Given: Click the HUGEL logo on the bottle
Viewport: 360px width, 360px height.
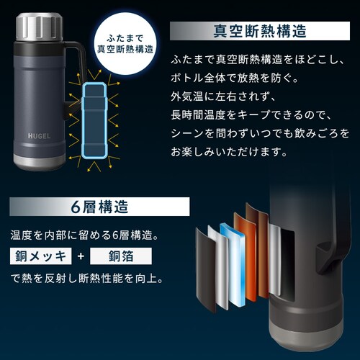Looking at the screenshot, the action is [x=39, y=136].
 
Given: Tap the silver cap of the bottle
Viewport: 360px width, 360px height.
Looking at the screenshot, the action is [x=40, y=27].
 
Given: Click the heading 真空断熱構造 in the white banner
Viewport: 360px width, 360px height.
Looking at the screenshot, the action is [x=260, y=31].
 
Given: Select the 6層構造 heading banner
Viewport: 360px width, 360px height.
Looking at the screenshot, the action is [x=99, y=207].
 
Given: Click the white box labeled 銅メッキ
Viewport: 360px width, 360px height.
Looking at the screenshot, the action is [x=41, y=256].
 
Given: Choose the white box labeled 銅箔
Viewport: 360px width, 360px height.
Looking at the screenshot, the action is [x=121, y=256].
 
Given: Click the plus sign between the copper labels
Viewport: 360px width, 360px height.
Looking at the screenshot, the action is [x=81, y=256].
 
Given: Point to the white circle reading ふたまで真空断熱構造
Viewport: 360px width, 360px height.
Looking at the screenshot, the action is [x=125, y=44].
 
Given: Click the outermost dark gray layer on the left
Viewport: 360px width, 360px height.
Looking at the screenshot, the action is [x=206, y=270].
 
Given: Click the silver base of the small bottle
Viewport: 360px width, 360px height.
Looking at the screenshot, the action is [x=39, y=161].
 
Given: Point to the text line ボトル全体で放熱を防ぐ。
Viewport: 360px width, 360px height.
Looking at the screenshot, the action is [x=234, y=78].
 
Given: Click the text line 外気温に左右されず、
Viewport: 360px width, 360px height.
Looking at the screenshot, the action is [x=222, y=96].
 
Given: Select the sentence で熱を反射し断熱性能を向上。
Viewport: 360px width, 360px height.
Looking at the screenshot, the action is [x=87, y=279].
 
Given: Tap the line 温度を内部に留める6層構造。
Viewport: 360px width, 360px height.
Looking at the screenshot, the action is [x=84, y=235].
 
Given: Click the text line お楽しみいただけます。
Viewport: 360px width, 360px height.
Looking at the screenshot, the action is [x=229, y=152].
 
